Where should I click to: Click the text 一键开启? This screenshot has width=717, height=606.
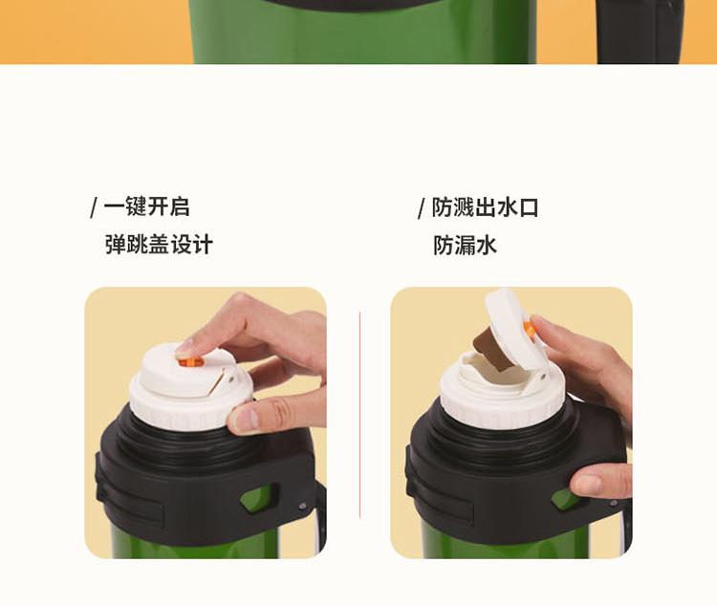pos(146,206)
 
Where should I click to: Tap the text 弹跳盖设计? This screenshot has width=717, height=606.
pos(159,245)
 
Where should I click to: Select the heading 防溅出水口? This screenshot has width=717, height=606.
pos(485,207)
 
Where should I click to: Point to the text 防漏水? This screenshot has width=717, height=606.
pos(465,245)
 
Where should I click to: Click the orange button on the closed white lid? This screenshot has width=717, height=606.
pos(191,362)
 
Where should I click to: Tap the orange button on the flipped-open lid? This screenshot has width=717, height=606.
pos(529,330)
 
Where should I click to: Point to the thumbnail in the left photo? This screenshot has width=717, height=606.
pos(248,418)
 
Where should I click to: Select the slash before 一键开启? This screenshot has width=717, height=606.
pos(95,207)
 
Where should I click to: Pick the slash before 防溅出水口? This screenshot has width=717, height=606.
pos(422,208)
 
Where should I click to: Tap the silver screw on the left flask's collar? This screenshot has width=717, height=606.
pos(302,506)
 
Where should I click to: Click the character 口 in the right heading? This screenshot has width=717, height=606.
pos(529,207)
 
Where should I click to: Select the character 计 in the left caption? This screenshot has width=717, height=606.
pos(203,245)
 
